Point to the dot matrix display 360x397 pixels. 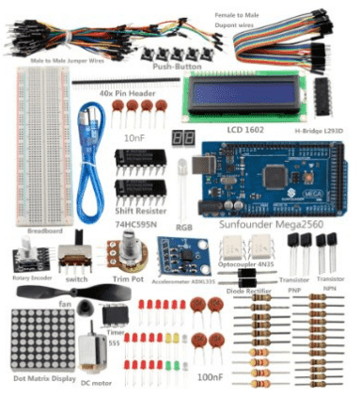[x=38, y=339]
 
